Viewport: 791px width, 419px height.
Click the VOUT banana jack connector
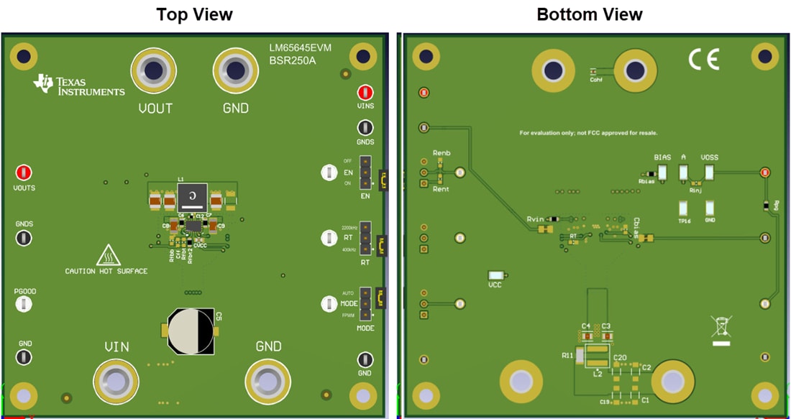tap(153, 71)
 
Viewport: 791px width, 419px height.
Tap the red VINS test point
tap(365, 92)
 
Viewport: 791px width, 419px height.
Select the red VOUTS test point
tap(24, 172)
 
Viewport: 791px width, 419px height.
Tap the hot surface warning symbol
tap(107, 255)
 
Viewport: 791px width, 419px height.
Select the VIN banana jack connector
tap(116, 379)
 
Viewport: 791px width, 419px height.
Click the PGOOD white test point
tap(24, 305)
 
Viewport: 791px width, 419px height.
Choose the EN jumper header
tap(365, 173)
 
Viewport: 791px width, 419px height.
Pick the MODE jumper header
tap(365, 304)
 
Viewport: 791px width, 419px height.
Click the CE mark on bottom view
tap(703, 60)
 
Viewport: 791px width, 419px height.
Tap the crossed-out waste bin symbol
tap(721, 328)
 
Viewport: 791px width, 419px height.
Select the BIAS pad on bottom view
tap(662, 172)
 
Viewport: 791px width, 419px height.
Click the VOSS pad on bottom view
tap(709, 172)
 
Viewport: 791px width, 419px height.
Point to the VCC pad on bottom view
tap(495, 275)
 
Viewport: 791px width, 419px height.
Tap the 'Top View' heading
tap(194, 14)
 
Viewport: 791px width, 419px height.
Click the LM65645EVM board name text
tap(301, 48)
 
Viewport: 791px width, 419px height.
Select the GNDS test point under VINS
tap(365, 128)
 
